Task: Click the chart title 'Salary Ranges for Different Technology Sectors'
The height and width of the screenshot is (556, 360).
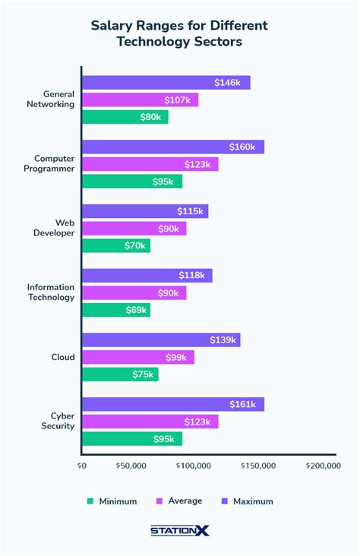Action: pyautogui.click(x=179, y=33)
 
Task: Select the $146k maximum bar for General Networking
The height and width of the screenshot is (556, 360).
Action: pyautogui.click(x=166, y=83)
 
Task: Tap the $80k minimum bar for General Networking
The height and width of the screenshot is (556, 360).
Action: pyautogui.click(x=125, y=117)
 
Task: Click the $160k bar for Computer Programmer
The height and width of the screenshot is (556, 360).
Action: pyautogui.click(x=172, y=147)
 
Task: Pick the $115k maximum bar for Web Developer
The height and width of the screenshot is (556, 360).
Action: pyautogui.click(x=144, y=211)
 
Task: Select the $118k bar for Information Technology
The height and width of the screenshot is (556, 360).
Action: pyautogui.click(x=147, y=276)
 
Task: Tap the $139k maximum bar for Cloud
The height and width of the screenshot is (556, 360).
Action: pyautogui.click(x=160, y=340)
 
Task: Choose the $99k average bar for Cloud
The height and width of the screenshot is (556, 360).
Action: pyautogui.click(x=137, y=357)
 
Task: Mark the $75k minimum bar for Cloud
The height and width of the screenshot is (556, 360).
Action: pyautogui.click(x=119, y=374)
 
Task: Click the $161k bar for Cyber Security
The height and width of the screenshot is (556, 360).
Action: pyautogui.click(x=172, y=404)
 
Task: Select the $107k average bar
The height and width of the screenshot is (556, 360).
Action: pyautogui.click(x=140, y=100)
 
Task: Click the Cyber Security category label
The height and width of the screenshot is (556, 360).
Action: pyautogui.click(x=62, y=421)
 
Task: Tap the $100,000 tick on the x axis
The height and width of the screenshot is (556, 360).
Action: pyautogui.click(x=194, y=466)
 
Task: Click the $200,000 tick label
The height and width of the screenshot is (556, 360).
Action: pyautogui.click(x=322, y=466)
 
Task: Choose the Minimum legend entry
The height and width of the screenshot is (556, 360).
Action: pyautogui.click(x=111, y=501)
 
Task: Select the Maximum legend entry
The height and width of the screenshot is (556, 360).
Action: pyautogui.click(x=247, y=501)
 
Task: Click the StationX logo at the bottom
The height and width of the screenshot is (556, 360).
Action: pyautogui.click(x=179, y=532)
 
